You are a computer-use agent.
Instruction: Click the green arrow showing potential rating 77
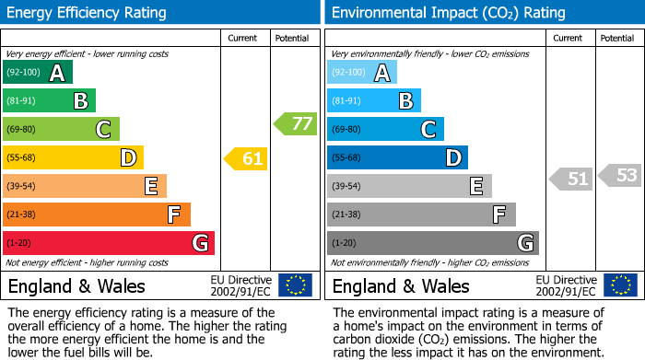tap(295, 123)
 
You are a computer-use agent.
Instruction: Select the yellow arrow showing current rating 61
tap(246, 159)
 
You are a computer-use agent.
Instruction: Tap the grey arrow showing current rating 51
tap(570, 179)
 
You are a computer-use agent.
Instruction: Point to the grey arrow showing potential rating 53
tap(619, 175)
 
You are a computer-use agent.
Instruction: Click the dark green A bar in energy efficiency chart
tap(38, 73)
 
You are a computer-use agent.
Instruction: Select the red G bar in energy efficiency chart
tap(109, 243)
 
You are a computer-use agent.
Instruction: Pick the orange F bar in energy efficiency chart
tap(97, 215)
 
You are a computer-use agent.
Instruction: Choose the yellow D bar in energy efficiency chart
tap(73, 157)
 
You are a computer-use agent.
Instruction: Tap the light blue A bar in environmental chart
tap(362, 73)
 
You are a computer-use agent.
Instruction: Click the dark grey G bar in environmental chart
tap(432, 243)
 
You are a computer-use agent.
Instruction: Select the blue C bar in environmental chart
tap(385, 129)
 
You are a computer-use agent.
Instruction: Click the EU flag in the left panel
tap(295, 285)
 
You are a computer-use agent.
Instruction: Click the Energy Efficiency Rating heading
tap(88, 13)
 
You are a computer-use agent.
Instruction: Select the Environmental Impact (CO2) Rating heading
tap(448, 13)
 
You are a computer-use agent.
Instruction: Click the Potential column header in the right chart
tap(616, 38)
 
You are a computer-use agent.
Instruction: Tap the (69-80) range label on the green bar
tap(21, 130)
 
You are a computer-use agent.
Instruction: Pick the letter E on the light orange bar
tap(150, 186)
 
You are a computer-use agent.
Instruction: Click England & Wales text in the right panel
tap(401, 285)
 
